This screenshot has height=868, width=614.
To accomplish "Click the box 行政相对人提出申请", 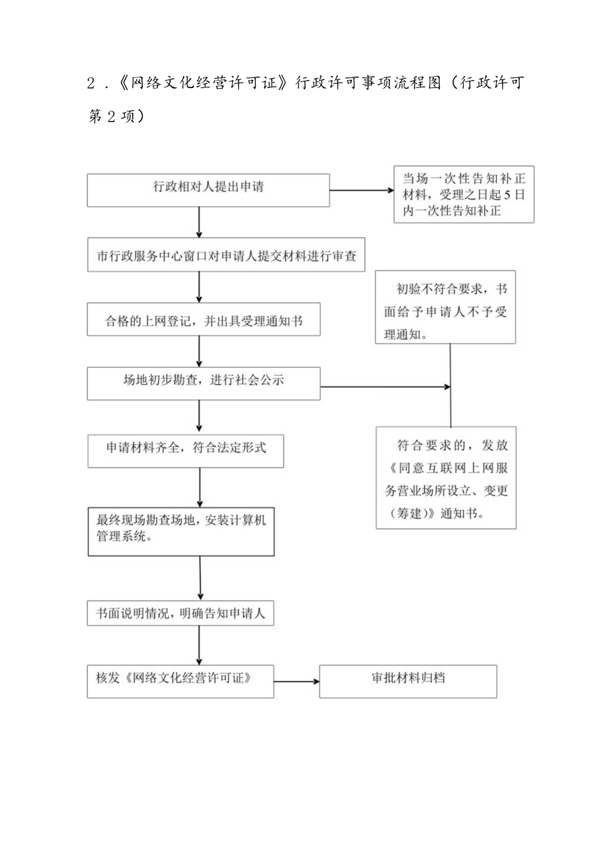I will click(x=208, y=189).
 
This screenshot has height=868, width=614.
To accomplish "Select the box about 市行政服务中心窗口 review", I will click(x=227, y=256).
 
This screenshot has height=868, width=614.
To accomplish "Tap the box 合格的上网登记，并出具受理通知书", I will click(x=203, y=320).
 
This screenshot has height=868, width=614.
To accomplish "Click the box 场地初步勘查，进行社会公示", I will click(x=203, y=384).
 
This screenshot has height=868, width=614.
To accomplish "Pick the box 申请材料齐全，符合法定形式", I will click(x=186, y=451).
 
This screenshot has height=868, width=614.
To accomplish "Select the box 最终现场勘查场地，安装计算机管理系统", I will click(x=182, y=531).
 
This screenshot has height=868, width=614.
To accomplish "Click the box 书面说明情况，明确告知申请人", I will click(x=180, y=612).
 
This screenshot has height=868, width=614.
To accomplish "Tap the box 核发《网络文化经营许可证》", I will click(x=180, y=681).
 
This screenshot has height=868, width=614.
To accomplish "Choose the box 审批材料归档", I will click(x=408, y=681).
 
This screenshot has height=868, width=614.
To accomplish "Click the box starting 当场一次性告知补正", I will click(x=463, y=194).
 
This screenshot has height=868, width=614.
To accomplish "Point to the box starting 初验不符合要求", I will click(x=445, y=307).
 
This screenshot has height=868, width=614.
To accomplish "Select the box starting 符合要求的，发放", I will click(x=445, y=478).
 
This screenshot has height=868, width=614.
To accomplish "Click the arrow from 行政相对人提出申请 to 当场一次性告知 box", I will click(x=361, y=190).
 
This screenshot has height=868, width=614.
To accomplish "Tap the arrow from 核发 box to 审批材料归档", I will click(x=296, y=682).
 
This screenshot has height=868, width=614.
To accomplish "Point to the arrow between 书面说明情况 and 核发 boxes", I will click(x=200, y=645).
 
